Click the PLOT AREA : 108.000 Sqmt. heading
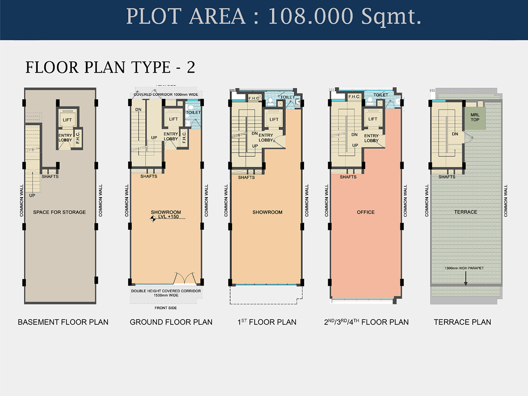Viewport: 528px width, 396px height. (x=274, y=17)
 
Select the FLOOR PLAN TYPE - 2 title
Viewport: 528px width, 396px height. (x=110, y=67)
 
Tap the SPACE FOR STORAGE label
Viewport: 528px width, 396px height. (x=59, y=212)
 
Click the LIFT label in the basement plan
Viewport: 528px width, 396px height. (x=67, y=120)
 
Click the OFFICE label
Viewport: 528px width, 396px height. (x=366, y=212)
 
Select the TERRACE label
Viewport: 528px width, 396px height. (x=466, y=212)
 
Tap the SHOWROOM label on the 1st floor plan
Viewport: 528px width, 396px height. (x=267, y=212)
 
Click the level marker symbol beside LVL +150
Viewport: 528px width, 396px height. (x=153, y=219)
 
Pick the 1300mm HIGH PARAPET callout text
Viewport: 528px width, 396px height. (x=464, y=268)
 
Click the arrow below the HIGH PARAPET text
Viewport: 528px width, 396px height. (x=466, y=279)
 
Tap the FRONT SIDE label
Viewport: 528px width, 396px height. (x=166, y=308)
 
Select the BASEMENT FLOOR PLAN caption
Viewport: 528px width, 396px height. (x=63, y=322)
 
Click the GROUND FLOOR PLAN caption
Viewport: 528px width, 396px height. (x=171, y=322)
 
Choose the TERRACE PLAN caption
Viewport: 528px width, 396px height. (x=462, y=322)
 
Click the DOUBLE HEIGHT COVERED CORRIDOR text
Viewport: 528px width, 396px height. (x=166, y=291)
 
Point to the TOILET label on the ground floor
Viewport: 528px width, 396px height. (x=193, y=112)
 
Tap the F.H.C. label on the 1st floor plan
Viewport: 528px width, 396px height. (x=254, y=98)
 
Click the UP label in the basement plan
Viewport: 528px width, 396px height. (x=32, y=195)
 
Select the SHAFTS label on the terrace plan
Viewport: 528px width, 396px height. (x=447, y=177)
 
